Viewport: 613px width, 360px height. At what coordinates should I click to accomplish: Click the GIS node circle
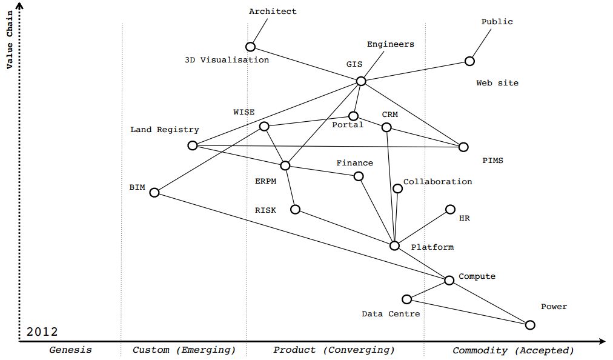[361, 81]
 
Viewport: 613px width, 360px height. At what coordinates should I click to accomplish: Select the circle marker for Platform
[394, 245]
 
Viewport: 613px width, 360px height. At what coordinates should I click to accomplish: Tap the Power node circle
[530, 325]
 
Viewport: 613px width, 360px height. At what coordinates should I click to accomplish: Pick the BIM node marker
[154, 192]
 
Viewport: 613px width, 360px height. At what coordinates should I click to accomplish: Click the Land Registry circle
[193, 145]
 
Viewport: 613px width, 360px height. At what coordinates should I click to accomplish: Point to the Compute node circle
[449, 280]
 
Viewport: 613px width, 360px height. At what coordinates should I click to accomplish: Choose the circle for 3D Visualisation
[250, 47]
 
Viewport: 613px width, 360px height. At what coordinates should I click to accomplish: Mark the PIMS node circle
[463, 147]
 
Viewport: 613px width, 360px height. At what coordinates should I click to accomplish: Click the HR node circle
[450, 209]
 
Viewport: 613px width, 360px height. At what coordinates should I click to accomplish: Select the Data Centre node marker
[407, 299]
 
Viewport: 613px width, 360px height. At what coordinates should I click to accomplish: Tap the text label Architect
[273, 12]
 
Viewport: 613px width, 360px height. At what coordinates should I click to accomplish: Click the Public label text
[497, 22]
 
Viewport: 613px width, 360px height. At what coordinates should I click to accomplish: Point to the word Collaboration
[437, 182]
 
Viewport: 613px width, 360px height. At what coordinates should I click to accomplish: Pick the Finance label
[355, 163]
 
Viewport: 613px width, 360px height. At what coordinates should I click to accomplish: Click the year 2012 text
[42, 332]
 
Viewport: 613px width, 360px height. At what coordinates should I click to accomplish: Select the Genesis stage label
[70, 350]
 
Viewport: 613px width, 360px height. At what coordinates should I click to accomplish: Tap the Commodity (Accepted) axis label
[513, 350]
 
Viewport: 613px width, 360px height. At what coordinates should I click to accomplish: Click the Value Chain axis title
[10, 39]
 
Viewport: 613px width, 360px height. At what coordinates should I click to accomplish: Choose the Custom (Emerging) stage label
[184, 350]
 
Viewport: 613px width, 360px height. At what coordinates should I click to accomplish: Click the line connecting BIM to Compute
[302, 236]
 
